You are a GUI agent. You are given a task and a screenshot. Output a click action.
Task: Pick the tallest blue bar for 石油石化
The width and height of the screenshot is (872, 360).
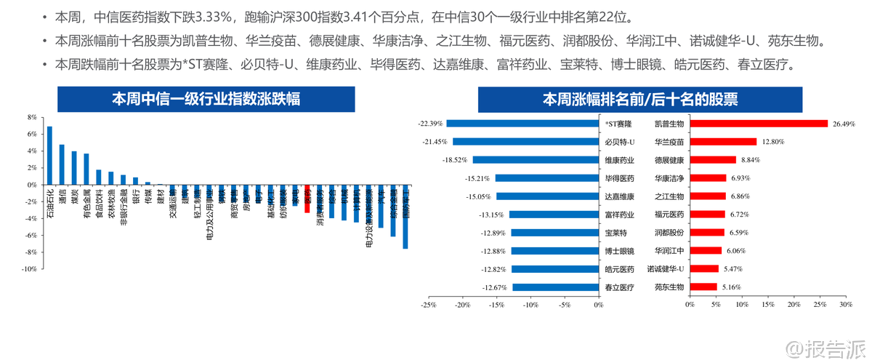(49, 156)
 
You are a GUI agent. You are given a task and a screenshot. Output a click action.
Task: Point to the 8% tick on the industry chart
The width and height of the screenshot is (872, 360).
(32, 117)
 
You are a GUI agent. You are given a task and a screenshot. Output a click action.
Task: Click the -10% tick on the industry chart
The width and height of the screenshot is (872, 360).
(31, 268)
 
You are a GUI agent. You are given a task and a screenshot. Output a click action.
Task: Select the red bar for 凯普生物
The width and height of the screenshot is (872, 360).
(759, 124)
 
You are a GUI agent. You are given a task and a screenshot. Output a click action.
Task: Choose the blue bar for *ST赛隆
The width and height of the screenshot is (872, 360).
(522, 124)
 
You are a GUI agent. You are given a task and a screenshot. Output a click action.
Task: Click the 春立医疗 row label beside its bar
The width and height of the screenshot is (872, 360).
(619, 287)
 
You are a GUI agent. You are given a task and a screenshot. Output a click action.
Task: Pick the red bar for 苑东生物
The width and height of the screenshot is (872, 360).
(703, 287)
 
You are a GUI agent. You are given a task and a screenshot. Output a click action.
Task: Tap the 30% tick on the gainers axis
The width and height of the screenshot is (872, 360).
(846, 305)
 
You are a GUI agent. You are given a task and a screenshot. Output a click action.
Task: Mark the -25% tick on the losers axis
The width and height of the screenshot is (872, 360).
(428, 305)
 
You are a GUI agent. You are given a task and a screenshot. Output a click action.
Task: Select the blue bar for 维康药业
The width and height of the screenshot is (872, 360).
(535, 160)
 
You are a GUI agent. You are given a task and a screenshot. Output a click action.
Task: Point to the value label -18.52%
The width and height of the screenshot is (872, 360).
(458, 160)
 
